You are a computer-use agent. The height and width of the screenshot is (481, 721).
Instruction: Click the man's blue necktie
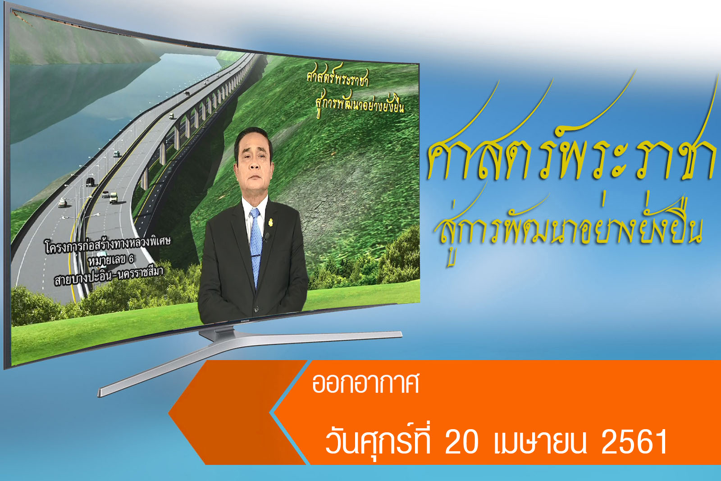(x=256, y=245)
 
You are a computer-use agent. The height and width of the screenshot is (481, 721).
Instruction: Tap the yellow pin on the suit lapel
(x=271, y=222)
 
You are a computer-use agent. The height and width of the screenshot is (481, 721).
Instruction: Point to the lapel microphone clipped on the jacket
(x=266, y=237)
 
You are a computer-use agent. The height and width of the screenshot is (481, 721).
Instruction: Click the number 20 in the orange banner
(x=462, y=442)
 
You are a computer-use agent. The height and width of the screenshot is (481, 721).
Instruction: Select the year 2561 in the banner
(x=634, y=442)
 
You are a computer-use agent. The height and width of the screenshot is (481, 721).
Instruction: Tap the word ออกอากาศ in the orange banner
(x=365, y=383)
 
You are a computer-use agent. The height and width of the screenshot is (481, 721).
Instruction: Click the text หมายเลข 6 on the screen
(x=111, y=261)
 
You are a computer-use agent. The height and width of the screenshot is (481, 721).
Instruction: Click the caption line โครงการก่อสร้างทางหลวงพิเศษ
(x=107, y=246)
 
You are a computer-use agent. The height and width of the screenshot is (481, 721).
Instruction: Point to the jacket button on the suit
(x=256, y=309)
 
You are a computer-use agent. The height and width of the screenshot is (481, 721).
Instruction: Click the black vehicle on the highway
(x=91, y=182)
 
